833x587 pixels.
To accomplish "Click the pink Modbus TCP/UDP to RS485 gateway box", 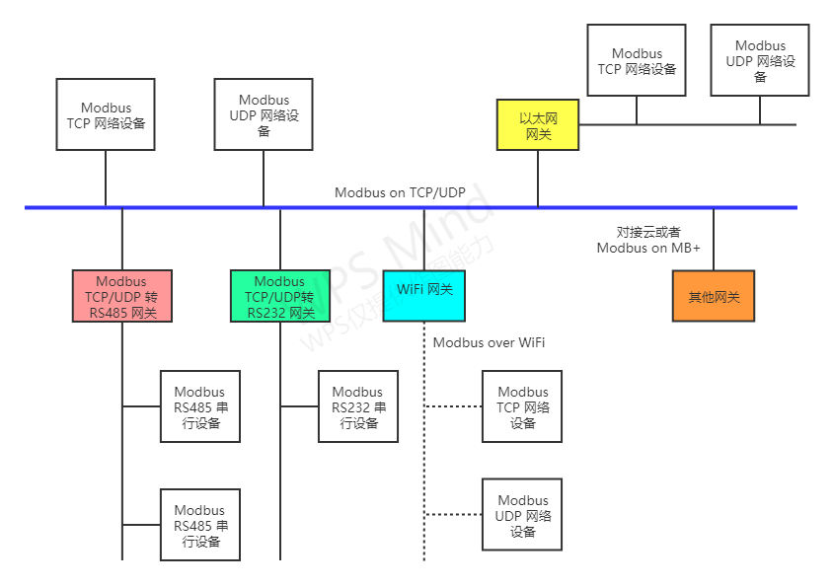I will (121, 296).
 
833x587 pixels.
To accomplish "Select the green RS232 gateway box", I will (279, 296).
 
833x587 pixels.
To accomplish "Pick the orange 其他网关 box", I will (714, 296).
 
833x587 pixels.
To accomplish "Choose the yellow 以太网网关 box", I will (538, 125).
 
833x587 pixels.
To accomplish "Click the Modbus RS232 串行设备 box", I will (357, 406).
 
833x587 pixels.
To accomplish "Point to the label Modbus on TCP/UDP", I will (399, 192).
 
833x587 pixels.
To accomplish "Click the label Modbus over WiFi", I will (489, 342).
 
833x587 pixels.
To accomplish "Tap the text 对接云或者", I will (648, 232).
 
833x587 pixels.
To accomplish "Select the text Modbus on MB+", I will (648, 248).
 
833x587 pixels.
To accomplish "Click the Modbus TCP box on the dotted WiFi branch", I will (522, 406).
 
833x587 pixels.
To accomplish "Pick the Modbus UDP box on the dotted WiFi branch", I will (522, 514).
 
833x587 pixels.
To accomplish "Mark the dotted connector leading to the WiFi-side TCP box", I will (452, 406).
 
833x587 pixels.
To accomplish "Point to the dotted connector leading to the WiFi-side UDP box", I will (452, 514).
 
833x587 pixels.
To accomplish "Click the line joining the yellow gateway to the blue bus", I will (538, 178).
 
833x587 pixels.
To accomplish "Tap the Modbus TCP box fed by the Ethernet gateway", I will (637, 60).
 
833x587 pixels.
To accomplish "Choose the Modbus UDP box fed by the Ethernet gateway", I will (760, 60).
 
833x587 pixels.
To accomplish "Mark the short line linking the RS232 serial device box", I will (298, 406).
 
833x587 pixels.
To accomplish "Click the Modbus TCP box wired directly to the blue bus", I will (106, 114).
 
